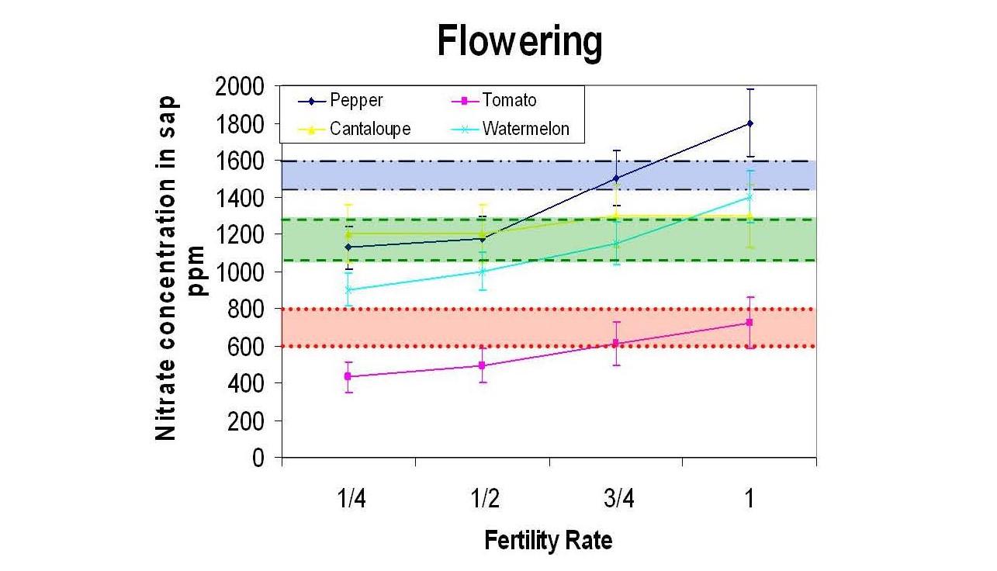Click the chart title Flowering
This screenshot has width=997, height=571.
click(519, 42)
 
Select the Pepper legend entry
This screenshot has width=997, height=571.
click(355, 101)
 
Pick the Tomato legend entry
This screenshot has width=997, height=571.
click(509, 101)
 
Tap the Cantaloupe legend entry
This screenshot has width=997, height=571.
click(369, 129)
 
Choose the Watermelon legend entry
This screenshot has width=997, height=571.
click(525, 129)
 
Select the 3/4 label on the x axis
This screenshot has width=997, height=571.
click(616, 499)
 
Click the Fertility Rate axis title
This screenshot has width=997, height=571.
click(548, 541)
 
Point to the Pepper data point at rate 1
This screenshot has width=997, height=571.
click(749, 123)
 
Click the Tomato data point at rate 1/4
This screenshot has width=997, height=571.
click(348, 376)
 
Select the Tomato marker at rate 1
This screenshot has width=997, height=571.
click(749, 322)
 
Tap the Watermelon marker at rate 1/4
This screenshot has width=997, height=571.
click(348, 289)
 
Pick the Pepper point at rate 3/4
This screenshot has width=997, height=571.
click(616, 178)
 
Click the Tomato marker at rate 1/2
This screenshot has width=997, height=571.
click(482, 365)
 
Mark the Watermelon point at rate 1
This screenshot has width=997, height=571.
click(749, 197)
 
